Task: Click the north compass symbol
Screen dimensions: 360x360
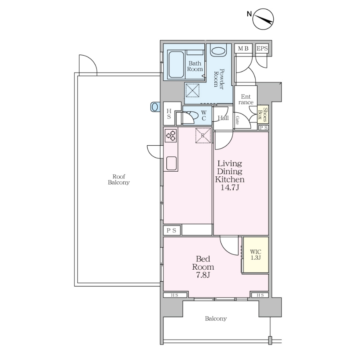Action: click(263, 19)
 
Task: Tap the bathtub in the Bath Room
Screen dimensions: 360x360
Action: click(176, 64)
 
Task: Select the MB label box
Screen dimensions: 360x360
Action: click(243, 48)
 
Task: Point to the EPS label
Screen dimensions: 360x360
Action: click(262, 48)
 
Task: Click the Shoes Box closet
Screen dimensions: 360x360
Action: click(263, 114)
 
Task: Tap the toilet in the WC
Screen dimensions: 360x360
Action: click(190, 116)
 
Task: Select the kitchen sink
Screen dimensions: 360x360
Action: click(172, 163)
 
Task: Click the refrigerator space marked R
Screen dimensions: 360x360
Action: click(203, 136)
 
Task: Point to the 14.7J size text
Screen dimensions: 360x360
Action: click(230, 188)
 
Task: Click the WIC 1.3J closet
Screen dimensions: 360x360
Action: click(256, 255)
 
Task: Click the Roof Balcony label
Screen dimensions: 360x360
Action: click(119, 180)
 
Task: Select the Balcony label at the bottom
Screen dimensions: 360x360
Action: click(216, 319)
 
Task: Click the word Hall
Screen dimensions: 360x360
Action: click(223, 118)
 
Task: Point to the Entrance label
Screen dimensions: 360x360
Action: click(246, 100)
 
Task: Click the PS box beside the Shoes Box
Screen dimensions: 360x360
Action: click(264, 128)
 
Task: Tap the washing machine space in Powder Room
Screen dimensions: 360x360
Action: click(192, 90)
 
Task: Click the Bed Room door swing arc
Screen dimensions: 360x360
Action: click(226, 249)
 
